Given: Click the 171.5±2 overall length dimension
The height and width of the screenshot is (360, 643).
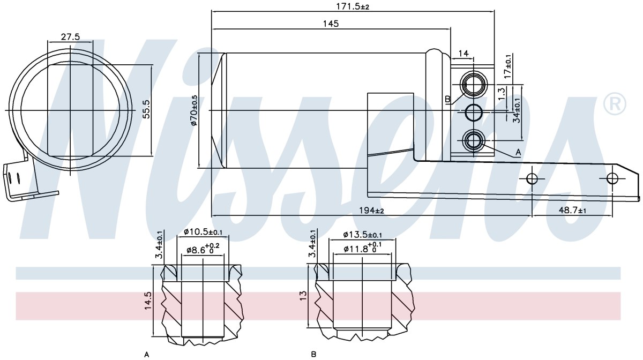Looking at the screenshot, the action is [x=353, y=6].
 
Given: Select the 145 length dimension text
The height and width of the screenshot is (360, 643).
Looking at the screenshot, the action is [x=331, y=24].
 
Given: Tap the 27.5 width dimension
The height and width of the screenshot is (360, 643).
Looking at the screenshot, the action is [x=70, y=37].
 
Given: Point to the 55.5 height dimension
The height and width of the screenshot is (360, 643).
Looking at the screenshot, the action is [x=146, y=109].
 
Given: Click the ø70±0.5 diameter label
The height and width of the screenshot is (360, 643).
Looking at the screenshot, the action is [x=194, y=110].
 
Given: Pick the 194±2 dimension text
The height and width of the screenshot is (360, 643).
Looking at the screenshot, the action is [x=371, y=211].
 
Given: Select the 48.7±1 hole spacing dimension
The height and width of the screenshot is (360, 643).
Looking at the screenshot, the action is [x=572, y=211].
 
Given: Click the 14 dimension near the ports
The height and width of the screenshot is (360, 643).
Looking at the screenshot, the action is [x=463, y=54].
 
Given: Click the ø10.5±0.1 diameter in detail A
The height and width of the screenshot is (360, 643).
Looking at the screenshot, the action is [x=203, y=231].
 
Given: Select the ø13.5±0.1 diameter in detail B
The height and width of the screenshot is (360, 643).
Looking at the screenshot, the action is [x=363, y=235].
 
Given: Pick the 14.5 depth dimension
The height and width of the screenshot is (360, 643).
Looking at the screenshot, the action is [x=148, y=301].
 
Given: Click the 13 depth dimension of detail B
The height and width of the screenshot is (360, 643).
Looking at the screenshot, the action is [x=303, y=295].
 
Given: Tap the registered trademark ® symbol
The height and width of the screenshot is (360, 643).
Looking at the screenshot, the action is [x=615, y=104].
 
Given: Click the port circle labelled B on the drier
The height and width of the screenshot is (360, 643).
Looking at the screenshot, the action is [x=474, y=85].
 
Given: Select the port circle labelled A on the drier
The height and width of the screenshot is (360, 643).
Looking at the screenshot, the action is [x=474, y=141].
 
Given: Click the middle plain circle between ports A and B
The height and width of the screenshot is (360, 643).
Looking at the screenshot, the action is [x=474, y=112].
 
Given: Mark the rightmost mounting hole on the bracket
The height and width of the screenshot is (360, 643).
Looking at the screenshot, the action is [x=612, y=178].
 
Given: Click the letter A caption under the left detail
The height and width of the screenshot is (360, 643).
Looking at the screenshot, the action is [x=147, y=355].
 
